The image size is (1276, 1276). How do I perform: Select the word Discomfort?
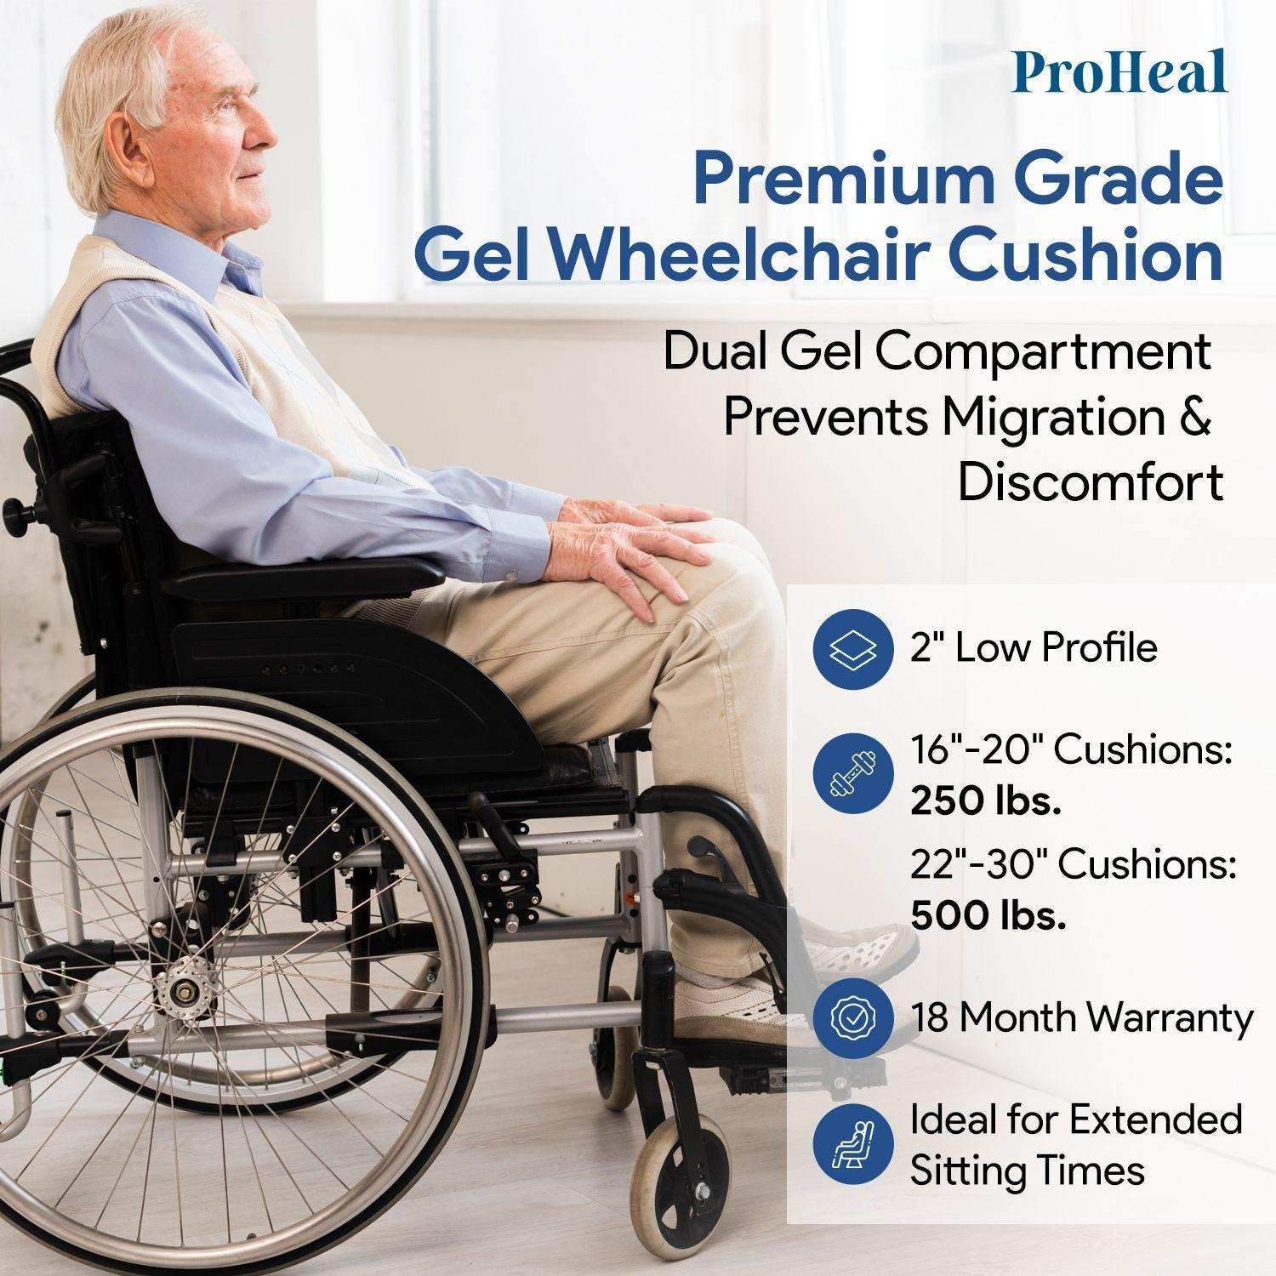[1091, 481]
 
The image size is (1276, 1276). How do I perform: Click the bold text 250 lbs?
[985, 801]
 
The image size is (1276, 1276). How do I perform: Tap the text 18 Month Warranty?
[1081, 1017]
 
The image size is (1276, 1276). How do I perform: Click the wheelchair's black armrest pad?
[298, 578]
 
